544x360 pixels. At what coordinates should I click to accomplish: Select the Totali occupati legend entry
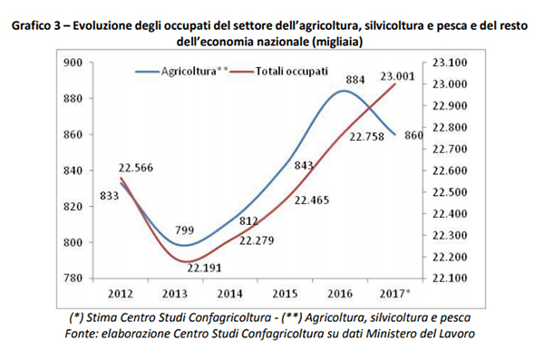click(x=291, y=71)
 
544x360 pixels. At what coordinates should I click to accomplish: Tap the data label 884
click(x=356, y=80)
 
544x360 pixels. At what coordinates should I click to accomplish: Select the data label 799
click(x=184, y=230)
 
